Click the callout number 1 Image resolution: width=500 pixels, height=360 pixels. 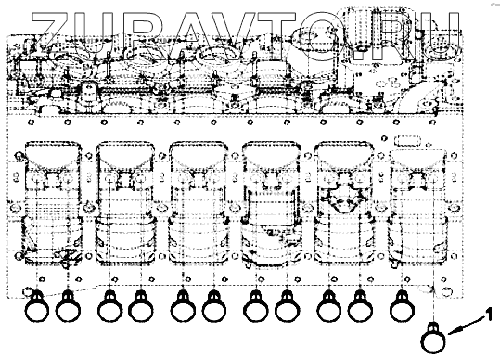click(488, 315)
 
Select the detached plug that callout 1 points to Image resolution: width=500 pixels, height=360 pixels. click(433, 338)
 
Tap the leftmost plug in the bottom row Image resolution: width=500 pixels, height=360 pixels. click(37, 306)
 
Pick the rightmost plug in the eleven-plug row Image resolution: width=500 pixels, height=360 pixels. click(402, 306)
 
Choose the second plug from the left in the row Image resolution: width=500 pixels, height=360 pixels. click(68, 306)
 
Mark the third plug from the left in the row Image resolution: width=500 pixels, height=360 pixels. click(110, 306)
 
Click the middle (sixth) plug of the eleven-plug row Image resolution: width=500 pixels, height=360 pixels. click(214, 306)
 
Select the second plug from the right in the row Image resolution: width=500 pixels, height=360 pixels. click(360, 306)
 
